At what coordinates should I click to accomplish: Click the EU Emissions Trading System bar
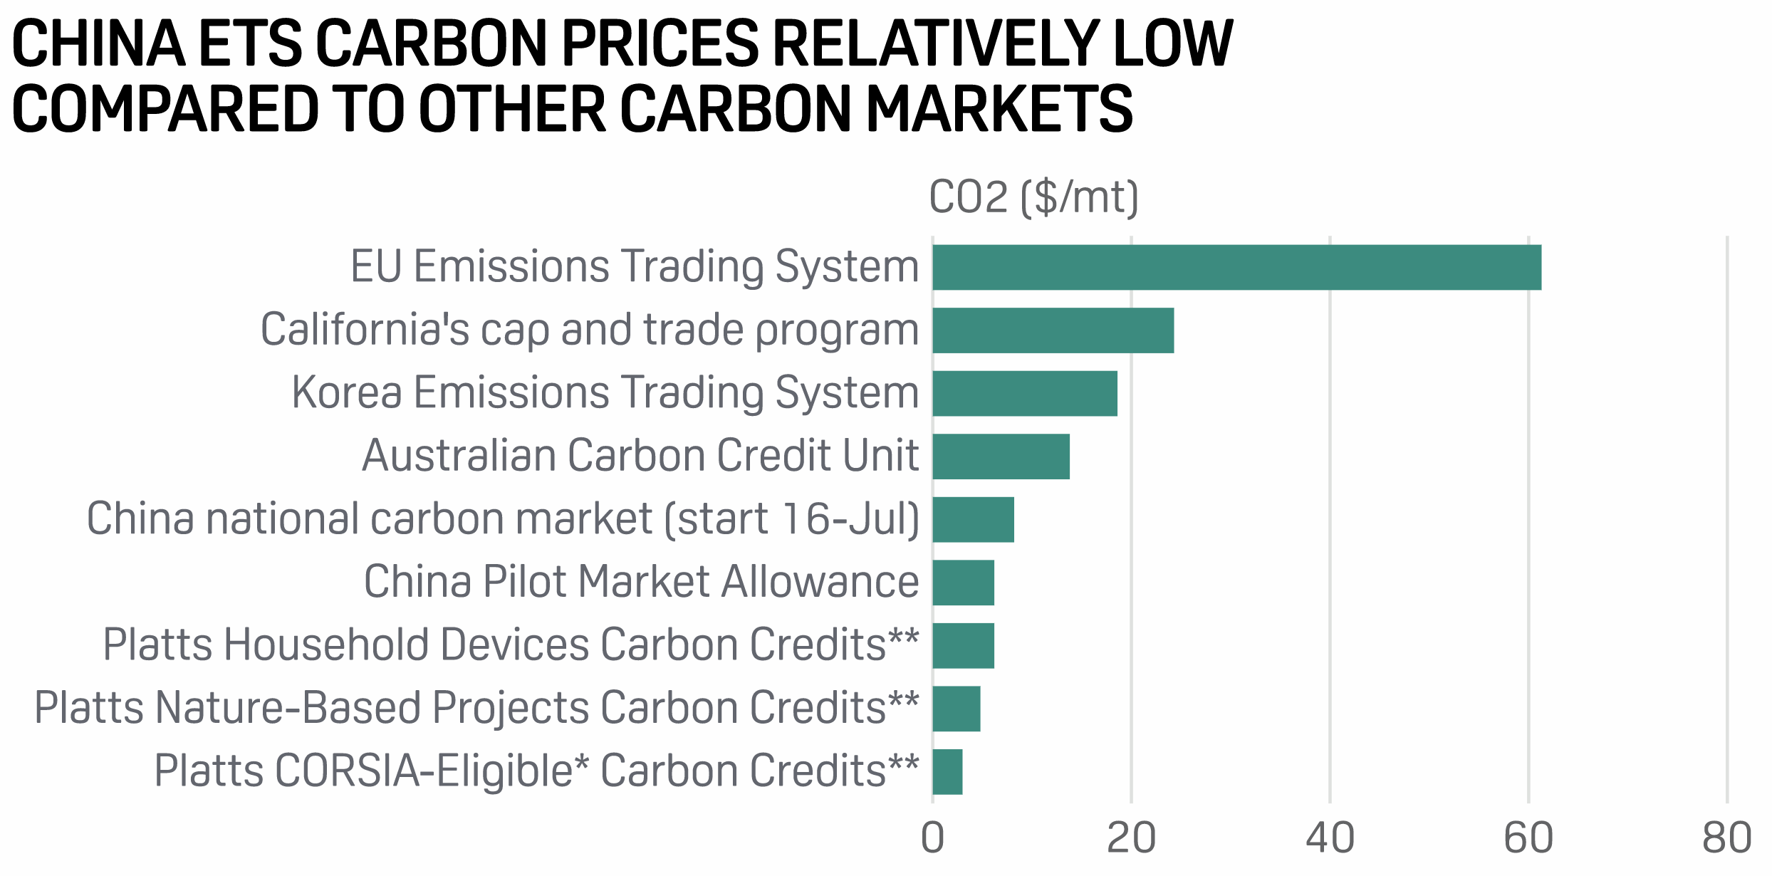click(1236, 267)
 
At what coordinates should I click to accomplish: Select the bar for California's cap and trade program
click(1053, 330)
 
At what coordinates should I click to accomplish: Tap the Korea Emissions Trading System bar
click(1024, 393)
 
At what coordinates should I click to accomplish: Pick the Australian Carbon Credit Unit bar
click(1001, 457)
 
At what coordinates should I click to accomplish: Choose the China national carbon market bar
click(973, 520)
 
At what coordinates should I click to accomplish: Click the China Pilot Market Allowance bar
click(963, 583)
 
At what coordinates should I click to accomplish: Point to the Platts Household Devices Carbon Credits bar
click(963, 646)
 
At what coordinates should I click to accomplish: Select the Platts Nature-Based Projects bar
click(956, 709)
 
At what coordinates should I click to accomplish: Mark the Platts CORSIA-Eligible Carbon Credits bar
click(947, 772)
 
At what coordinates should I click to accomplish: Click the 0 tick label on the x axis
click(932, 838)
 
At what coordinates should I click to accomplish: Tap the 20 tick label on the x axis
click(1131, 838)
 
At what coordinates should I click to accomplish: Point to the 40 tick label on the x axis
click(1330, 838)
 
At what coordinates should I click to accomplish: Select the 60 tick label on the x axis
click(1528, 838)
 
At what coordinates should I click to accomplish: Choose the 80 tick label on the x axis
click(1727, 838)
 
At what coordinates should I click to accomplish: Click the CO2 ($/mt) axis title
click(1034, 197)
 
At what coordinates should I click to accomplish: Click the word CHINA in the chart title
click(99, 44)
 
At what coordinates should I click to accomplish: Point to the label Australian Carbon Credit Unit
click(640, 456)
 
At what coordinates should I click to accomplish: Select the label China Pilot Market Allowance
click(641, 582)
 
